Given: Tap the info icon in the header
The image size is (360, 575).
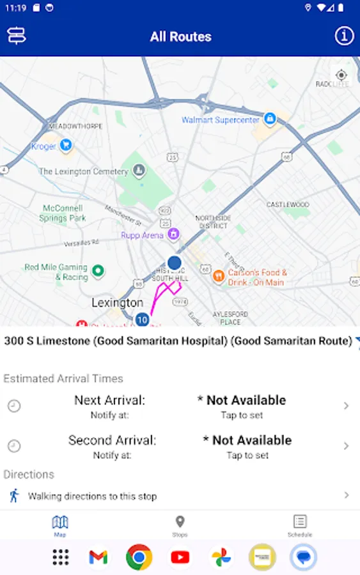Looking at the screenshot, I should tap(344, 36).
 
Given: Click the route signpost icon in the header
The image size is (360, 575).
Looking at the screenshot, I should tap(16, 36).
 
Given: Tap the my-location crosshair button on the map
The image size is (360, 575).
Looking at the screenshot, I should tap(341, 75).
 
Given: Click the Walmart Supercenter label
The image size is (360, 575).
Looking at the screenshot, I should tap(221, 120).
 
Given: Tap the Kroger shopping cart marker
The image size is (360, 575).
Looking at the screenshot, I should tap(66, 146).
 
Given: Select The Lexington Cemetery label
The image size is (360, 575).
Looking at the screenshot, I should tap(83, 171).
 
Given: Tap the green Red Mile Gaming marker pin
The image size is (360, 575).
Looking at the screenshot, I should tap(98, 271).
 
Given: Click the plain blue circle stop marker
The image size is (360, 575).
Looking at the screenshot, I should tap(175, 262).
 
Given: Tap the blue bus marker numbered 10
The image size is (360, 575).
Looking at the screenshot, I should tap(142, 319).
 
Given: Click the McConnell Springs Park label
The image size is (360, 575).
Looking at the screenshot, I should tap(64, 213).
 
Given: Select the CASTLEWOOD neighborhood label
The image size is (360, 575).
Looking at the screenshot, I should tap(288, 204).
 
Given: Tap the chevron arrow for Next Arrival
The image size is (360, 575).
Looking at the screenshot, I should tap(346, 406).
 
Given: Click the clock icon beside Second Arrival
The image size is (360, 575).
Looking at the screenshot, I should tap(14, 446).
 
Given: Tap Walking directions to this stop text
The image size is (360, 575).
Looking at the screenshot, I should tap(92, 496).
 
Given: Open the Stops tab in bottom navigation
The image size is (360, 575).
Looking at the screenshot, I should tap(180, 526).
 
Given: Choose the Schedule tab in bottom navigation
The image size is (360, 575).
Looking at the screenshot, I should tap(300, 526).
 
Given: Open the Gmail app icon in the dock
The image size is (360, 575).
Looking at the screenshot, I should tap(98, 557).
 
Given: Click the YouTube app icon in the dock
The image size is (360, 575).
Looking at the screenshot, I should tap(180, 557).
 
